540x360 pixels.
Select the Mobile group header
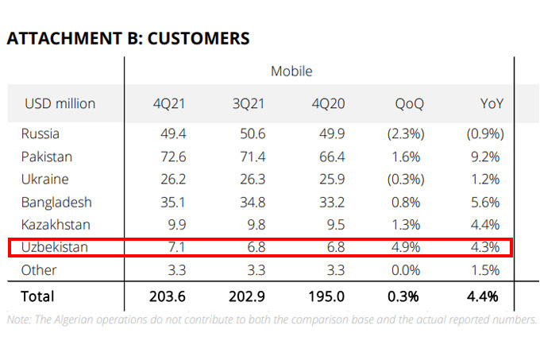coord(291,71)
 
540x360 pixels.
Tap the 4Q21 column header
coord(171,103)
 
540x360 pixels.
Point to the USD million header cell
coord(60,103)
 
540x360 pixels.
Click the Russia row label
coord(40,134)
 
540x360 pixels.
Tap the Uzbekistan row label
coord(55,247)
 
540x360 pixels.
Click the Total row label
coord(38,296)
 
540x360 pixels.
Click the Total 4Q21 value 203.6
coord(168,296)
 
